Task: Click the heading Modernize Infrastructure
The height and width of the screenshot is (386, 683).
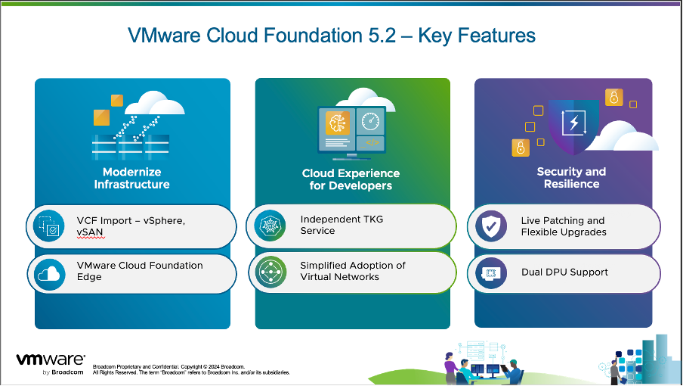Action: pos(131,178)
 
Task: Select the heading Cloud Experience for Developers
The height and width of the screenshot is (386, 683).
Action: pos(351,179)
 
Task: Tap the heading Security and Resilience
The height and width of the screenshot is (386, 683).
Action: pos(571,178)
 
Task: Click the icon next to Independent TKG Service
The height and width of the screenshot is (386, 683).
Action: pos(270,226)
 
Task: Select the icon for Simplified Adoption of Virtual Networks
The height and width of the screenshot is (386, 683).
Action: pos(270,272)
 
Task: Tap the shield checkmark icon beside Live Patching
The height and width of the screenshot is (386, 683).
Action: pos(490,226)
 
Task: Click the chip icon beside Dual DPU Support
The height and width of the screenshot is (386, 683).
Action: pos(490,272)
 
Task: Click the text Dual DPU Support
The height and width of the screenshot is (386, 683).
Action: pos(564,272)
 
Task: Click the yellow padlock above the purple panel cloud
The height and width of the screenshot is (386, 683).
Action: pos(613,98)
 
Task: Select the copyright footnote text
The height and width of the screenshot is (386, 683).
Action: pos(189,369)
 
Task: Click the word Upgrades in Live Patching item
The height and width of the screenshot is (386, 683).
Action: pos(585,232)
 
